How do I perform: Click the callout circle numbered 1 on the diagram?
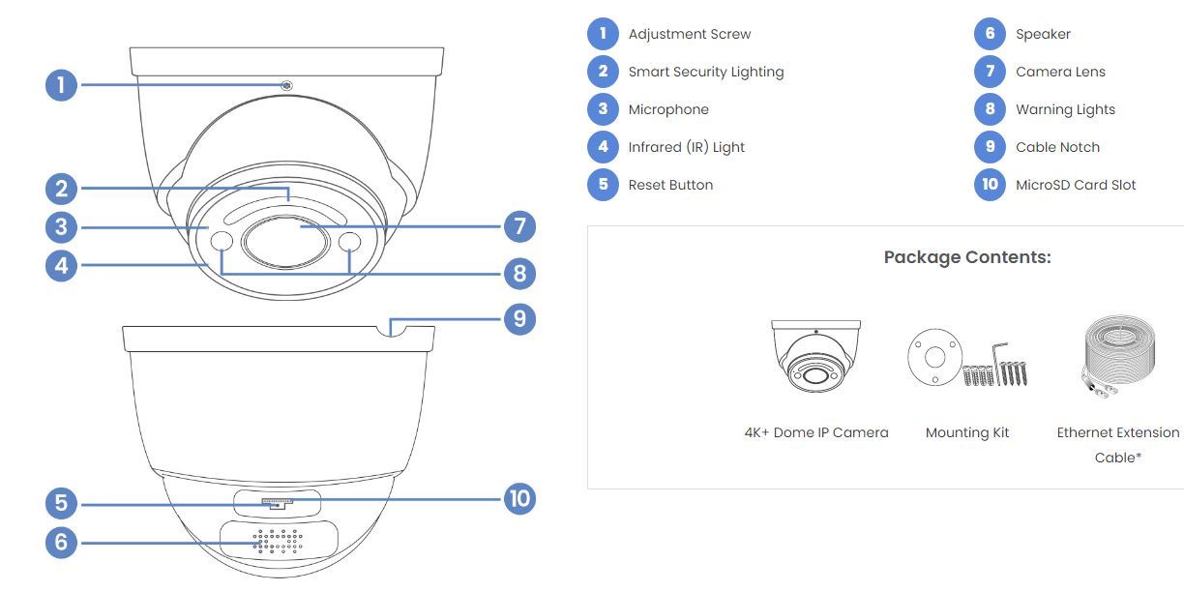pos(61,85)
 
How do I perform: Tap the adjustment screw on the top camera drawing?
pos(286,85)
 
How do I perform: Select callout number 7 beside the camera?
pos(519,226)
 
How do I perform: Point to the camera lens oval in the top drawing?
pos(285,242)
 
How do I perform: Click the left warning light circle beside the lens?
pos(222,241)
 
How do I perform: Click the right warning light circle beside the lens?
pos(349,242)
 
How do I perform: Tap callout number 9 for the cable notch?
pos(519,318)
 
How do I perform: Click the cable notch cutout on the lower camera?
pos(391,332)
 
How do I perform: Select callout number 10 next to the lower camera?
pos(519,498)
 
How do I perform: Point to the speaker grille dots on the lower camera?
pos(278,542)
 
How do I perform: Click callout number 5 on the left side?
pos(61,503)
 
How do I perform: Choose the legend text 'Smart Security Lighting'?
pos(706,72)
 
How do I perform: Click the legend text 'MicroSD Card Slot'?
pos(1076,185)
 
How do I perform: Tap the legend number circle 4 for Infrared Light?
pos(603,147)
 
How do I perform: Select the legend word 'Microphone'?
pos(668,109)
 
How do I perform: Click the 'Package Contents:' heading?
pos(967,257)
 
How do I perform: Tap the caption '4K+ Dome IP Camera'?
pos(816,433)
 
